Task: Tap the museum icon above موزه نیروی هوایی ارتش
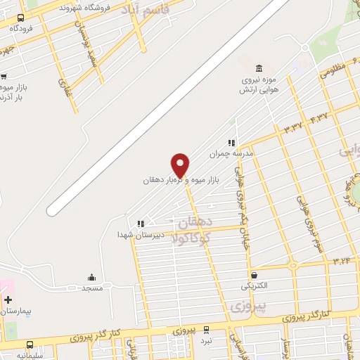[259, 68]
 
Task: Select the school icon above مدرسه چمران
[231, 143]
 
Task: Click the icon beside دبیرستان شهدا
[141, 224]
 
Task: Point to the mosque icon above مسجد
[92, 277]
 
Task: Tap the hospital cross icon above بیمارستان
[8, 300]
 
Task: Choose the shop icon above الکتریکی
[253, 275]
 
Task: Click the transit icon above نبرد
[206, 329]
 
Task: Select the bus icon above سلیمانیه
[30, 345]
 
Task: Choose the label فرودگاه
[21, 29]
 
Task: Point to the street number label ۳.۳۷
[292, 127]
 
